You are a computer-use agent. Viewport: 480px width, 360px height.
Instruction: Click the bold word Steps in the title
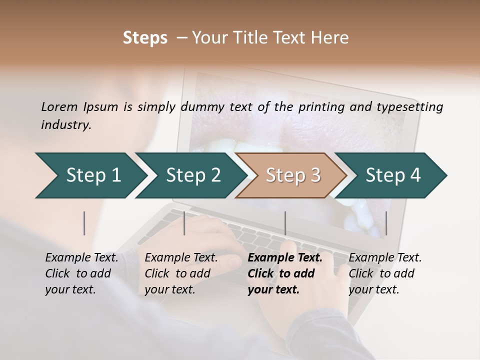click(x=145, y=38)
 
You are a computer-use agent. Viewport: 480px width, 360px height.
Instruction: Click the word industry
click(x=66, y=125)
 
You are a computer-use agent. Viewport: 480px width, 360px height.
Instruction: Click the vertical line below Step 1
click(x=84, y=223)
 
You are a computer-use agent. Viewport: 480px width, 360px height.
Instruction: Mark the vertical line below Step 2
click(x=184, y=223)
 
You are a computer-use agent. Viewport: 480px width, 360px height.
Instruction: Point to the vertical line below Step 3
click(x=285, y=223)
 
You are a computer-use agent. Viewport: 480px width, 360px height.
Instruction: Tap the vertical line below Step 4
click(x=386, y=223)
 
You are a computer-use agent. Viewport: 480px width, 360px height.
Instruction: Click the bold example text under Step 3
click(x=284, y=273)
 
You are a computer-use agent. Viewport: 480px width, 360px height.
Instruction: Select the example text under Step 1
click(x=81, y=273)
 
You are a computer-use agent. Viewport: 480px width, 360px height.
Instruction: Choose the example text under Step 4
click(x=384, y=273)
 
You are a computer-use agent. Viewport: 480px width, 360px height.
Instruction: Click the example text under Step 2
click(x=180, y=273)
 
